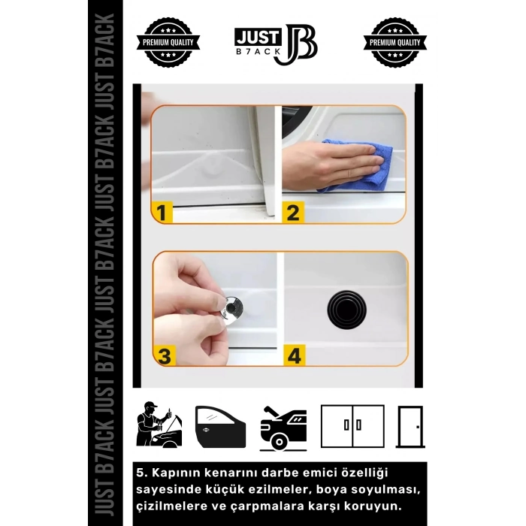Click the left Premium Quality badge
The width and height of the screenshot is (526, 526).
tap(168, 43)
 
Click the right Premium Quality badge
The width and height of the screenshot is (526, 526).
tap(394, 43)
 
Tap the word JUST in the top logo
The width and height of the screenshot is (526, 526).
tap(257, 37)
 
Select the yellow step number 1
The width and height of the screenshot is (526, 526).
tap(162, 213)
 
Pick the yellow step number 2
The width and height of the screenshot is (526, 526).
tap(293, 213)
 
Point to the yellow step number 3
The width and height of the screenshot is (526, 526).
tap(165, 355)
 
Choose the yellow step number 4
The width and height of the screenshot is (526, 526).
tap(295, 355)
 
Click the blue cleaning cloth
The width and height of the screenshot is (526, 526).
tap(356, 166)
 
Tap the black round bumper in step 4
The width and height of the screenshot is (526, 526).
tap(346, 310)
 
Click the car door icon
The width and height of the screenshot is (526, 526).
tap(220, 427)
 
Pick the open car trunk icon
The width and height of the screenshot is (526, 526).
tap(283, 428)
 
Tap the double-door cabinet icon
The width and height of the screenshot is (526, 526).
tap(352, 426)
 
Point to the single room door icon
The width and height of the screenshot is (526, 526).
tap(410, 427)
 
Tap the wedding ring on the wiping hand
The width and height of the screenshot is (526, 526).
tap(349, 173)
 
